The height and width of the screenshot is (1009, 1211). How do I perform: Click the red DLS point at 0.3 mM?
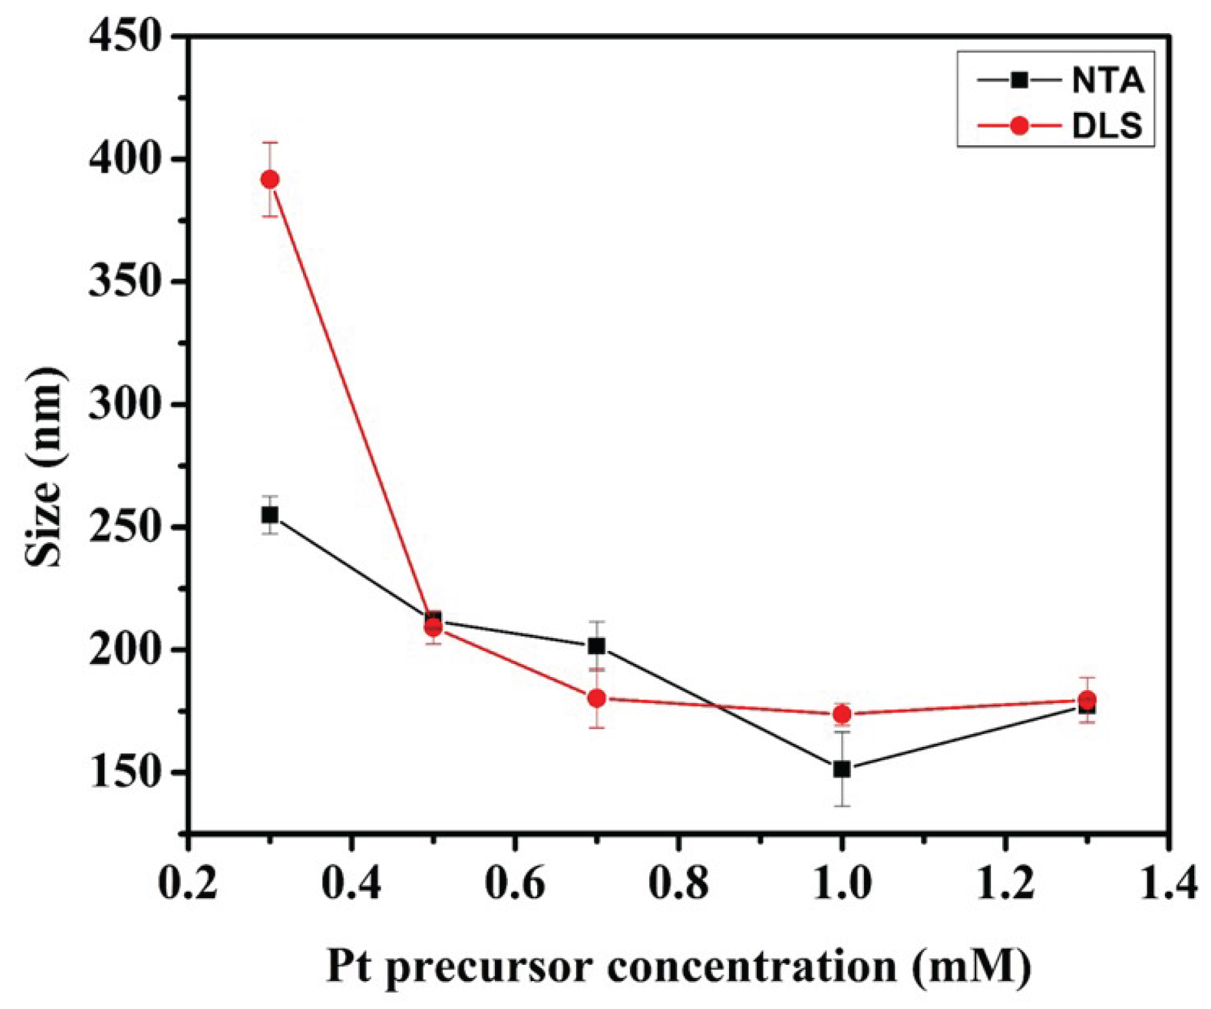click(x=270, y=180)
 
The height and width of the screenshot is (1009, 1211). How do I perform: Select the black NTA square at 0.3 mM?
click(x=270, y=515)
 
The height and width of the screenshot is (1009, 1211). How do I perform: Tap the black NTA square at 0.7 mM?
click(x=597, y=646)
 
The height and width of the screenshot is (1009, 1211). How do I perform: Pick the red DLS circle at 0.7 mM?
click(x=597, y=698)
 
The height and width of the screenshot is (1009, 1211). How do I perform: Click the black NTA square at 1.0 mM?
click(x=842, y=769)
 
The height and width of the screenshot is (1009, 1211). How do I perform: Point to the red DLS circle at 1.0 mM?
click(x=842, y=715)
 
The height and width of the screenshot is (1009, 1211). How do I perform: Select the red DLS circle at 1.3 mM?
click(x=1088, y=700)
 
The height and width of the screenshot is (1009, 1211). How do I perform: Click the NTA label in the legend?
click(x=1107, y=81)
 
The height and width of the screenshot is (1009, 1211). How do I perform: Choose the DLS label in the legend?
click(x=1107, y=125)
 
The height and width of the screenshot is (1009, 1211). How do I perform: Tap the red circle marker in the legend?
click(x=1019, y=125)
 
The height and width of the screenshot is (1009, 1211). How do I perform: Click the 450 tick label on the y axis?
click(x=125, y=37)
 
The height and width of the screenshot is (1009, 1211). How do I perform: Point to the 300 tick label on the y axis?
click(x=125, y=405)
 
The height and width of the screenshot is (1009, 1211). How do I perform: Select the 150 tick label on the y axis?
click(x=125, y=772)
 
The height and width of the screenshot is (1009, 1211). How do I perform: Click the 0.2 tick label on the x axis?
click(x=188, y=884)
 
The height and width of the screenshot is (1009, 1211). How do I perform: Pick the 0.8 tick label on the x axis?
click(x=678, y=884)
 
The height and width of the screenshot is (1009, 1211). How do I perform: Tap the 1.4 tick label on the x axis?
click(x=1168, y=884)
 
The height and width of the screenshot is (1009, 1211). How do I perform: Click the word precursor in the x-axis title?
click(x=486, y=967)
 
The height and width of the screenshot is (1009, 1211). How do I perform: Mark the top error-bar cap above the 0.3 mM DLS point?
click(x=270, y=143)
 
